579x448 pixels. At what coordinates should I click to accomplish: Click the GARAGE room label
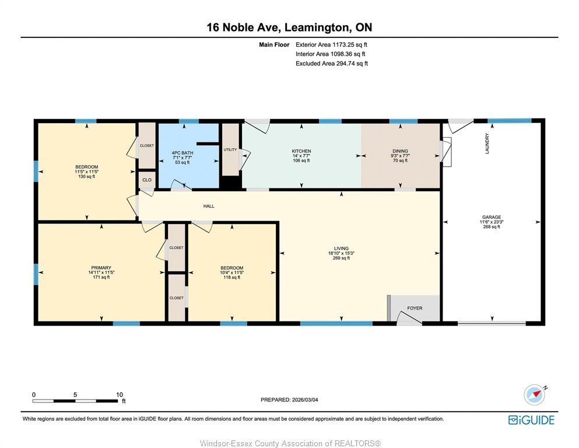pos(492,217)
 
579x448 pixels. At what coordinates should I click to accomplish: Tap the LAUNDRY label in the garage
pos(487,143)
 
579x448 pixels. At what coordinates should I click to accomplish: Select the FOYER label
pos(415,308)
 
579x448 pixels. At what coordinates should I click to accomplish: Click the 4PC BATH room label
pos(183,153)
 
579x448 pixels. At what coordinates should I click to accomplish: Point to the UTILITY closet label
pos(230,149)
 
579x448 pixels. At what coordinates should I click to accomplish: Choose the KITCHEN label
pos(301,151)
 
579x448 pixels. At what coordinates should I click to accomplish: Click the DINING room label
pos(400,151)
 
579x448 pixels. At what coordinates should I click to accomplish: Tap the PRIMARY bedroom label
pos(101,268)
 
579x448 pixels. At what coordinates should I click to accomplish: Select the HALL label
pos(209,206)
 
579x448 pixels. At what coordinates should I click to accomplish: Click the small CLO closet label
pos(147,180)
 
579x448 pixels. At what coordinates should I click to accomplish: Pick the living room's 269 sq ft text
pos(341,258)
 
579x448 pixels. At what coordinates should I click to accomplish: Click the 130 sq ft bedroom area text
pos(87,177)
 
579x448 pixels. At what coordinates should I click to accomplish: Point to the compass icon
pos(535,394)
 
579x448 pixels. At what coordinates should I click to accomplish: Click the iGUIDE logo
pos(531,421)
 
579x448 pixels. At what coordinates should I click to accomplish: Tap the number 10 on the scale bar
pos(120,394)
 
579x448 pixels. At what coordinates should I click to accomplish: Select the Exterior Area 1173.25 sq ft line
pos(331,45)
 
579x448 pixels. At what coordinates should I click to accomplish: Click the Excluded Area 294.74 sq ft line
pos(332,64)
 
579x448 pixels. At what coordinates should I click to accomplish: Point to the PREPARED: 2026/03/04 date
pos(289,400)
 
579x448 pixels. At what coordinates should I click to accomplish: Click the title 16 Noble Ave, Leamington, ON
pos(289,27)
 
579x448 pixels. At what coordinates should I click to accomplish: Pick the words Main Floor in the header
pos(274,45)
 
